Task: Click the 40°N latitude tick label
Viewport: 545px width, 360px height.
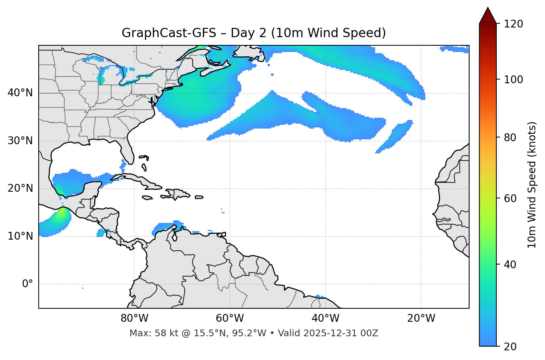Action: [20, 93]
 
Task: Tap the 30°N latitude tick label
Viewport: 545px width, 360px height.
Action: [20, 141]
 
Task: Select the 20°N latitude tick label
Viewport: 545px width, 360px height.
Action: [20, 188]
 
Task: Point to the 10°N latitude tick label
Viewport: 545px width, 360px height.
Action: [20, 236]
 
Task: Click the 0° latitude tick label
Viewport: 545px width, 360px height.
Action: [27, 284]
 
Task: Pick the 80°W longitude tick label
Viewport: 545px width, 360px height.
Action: [134, 318]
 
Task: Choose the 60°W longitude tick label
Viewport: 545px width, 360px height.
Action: [230, 318]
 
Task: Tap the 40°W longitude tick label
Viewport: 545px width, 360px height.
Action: [325, 318]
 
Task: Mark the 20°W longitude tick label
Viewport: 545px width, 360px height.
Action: [421, 318]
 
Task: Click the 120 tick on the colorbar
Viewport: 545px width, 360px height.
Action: [513, 24]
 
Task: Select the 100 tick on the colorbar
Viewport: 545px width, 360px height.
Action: [513, 80]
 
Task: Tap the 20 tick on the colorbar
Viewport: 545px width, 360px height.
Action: [510, 347]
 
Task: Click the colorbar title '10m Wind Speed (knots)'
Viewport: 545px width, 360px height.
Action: [532, 185]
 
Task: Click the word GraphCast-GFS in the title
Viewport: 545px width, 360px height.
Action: [169, 33]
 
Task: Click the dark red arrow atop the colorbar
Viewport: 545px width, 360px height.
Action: [488, 16]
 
